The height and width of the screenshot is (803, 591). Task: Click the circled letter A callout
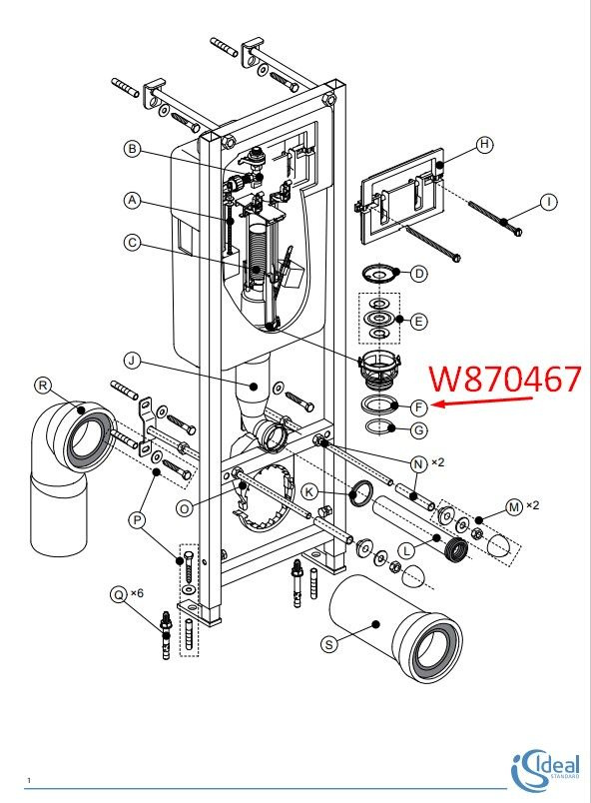[x=133, y=200]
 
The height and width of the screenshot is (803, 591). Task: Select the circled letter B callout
[x=133, y=149]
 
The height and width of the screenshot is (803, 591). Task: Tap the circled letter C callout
[x=133, y=242]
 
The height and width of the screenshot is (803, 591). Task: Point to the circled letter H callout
[x=484, y=145]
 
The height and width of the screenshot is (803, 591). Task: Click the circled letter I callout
[x=549, y=202]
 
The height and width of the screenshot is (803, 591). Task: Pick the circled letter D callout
[x=419, y=274]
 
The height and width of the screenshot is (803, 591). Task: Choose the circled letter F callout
[x=419, y=407]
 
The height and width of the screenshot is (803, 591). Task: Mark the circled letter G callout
[x=419, y=430]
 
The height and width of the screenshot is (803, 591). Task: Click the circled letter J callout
[x=133, y=361]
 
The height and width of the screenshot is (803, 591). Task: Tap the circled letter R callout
[x=43, y=386]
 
